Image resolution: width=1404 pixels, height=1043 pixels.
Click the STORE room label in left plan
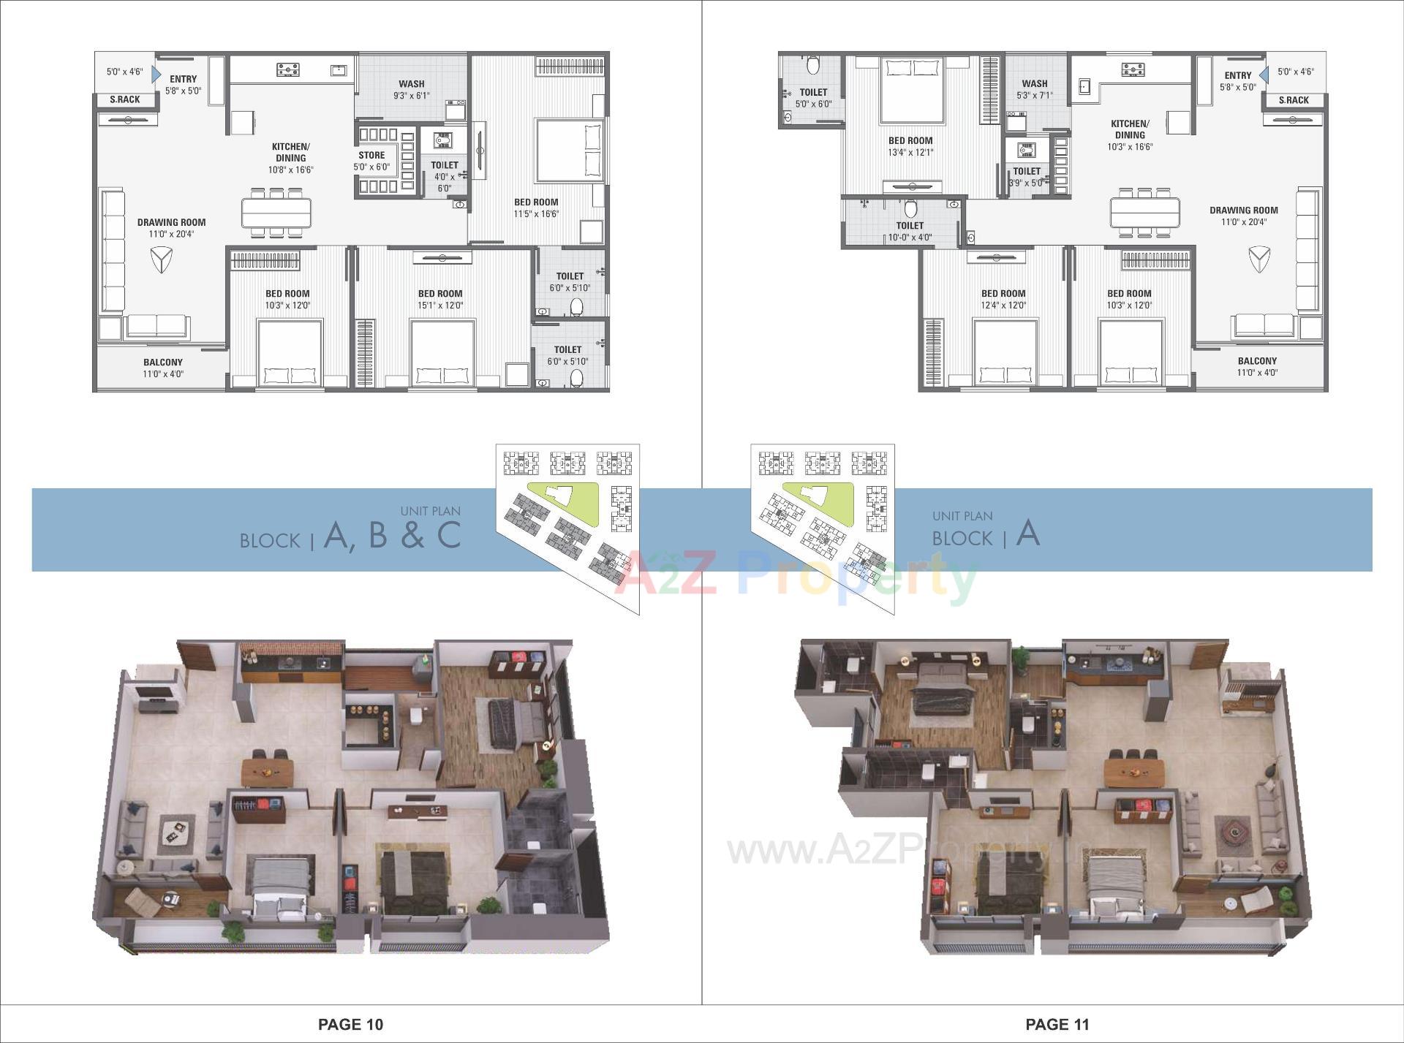[x=371, y=155]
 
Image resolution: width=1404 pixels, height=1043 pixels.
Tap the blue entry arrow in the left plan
[x=156, y=74]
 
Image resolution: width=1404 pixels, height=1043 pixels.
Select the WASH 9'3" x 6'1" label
[x=412, y=89]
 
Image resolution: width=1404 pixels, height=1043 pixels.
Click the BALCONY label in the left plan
[x=163, y=362]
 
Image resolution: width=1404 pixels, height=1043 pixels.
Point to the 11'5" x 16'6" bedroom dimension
[x=536, y=214]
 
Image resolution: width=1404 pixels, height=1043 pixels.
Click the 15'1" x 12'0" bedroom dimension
[x=440, y=306]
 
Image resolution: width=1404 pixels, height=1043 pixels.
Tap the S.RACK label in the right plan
[x=1294, y=100]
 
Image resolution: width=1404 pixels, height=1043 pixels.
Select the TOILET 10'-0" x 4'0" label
[x=910, y=231]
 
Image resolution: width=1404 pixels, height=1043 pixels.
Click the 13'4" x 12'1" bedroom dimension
[x=910, y=153]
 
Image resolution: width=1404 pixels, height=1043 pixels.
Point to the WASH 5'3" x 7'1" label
[x=1034, y=89]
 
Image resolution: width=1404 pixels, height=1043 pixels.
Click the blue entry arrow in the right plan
[x=1264, y=74]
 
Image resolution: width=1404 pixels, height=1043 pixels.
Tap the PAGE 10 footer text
[x=350, y=1024]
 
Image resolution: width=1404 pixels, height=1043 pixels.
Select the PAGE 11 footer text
[x=1057, y=1024]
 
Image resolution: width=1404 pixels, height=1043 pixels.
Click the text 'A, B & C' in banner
[x=392, y=534]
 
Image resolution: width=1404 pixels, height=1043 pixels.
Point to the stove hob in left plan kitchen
[x=288, y=70]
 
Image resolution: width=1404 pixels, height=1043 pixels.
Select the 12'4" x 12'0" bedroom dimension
[x=1003, y=306]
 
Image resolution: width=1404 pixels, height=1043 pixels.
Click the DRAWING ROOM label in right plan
[x=1243, y=210]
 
